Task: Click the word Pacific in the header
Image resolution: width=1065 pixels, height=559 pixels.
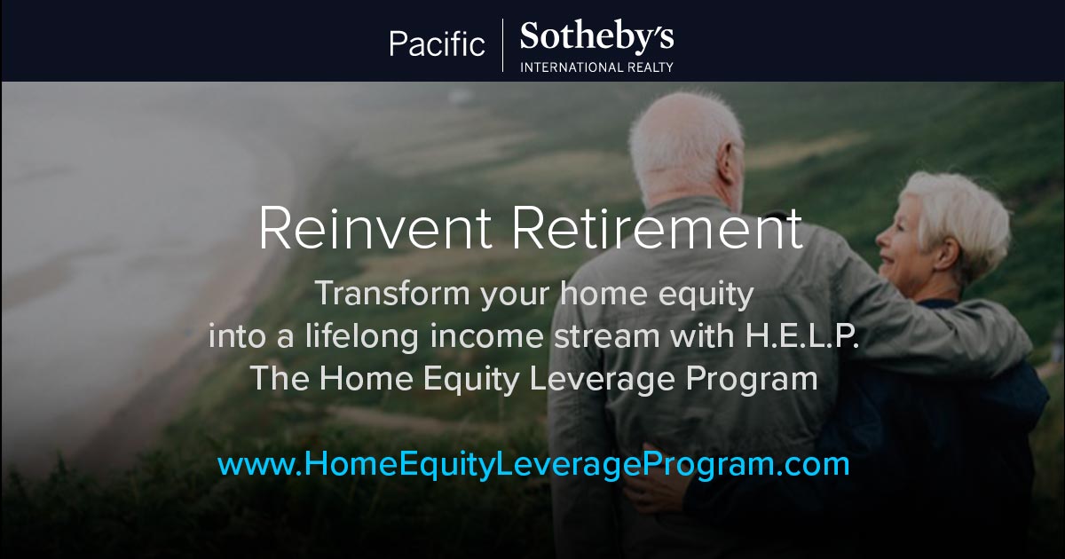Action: (437, 43)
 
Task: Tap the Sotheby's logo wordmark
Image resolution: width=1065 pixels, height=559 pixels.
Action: (596, 36)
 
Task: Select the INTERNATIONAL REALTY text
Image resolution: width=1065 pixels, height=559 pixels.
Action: (596, 67)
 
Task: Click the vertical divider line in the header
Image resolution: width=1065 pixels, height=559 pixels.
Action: (503, 45)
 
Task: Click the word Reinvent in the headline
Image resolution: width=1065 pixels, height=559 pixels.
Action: (375, 228)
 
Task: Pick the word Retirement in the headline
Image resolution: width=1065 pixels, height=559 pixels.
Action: (657, 228)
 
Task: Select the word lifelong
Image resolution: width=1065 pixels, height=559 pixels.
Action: (362, 336)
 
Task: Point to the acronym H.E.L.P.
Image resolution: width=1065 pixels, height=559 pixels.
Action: (802, 335)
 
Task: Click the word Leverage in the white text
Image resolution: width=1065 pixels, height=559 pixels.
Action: (602, 380)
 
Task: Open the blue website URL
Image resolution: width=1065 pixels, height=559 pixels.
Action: (533, 465)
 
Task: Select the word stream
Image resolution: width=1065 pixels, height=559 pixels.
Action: (607, 336)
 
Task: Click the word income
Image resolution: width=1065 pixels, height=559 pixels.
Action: (486, 336)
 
